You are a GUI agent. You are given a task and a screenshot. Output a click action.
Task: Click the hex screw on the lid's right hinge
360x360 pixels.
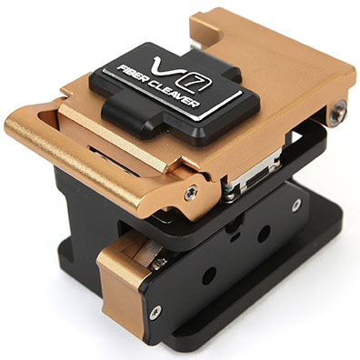pyautogui.click(x=339, y=111)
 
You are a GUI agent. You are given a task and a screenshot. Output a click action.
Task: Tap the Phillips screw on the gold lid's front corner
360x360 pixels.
pyautogui.click(x=191, y=193)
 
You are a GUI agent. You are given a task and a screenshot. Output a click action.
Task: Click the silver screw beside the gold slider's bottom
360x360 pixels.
pyautogui.click(x=155, y=313)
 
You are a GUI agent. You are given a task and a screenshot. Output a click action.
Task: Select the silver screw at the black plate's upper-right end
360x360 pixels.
pyautogui.click(x=296, y=205)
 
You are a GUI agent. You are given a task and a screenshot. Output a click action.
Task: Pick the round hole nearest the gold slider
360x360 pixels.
pyautogui.click(x=209, y=275)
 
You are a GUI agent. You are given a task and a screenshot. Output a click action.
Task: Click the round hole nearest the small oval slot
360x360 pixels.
pyautogui.click(x=264, y=234)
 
